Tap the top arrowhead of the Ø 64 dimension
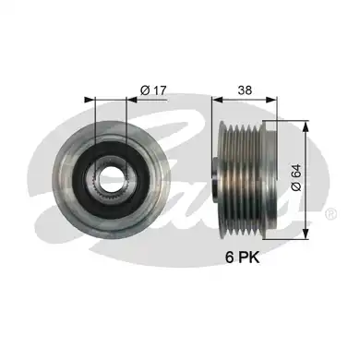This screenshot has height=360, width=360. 305,120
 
